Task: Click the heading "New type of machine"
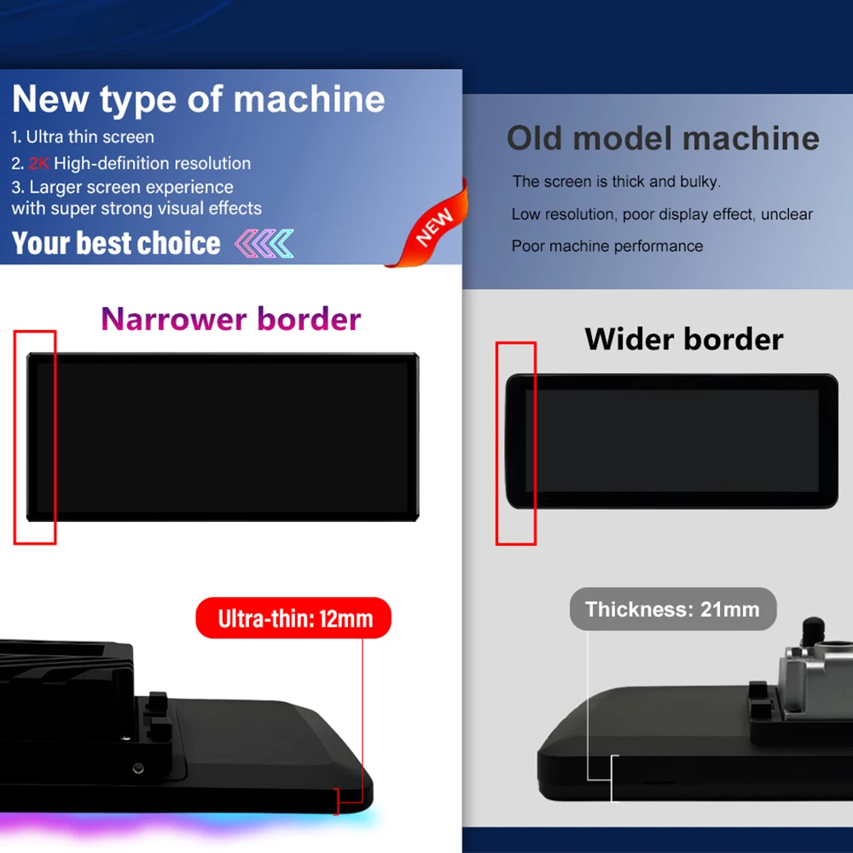point(198,100)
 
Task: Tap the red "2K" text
point(39,163)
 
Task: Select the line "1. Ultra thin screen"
point(83,136)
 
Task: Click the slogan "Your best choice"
point(116,243)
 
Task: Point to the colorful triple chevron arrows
point(264,243)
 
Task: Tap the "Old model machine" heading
point(663,138)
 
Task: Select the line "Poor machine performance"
point(607,246)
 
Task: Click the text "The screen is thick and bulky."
point(616,182)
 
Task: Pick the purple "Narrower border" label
point(231,319)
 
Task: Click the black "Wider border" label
point(684,339)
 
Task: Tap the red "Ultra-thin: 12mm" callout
point(294,618)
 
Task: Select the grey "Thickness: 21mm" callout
point(672,609)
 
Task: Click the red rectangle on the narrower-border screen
point(35,437)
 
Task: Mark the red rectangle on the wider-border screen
point(516,443)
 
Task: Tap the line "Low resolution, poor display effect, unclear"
point(662,214)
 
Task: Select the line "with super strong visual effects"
point(136,208)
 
